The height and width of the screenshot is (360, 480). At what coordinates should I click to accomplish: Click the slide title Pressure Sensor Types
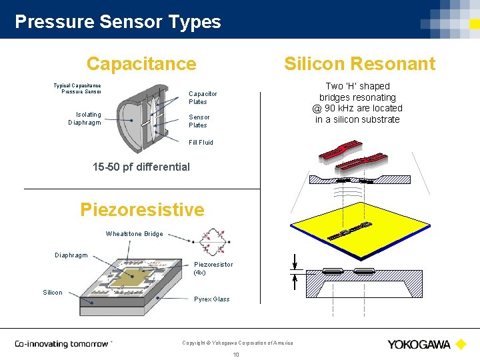117,21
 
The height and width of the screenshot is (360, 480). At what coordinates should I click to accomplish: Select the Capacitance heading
141,64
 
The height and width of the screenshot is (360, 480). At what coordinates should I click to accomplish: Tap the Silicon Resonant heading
359,64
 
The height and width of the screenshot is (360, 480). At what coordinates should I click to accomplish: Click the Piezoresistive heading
142,209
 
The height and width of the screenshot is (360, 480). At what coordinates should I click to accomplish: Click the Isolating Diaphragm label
85,118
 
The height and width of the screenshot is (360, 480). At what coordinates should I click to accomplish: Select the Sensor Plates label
199,121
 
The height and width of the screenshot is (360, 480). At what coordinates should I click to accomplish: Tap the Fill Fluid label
201,142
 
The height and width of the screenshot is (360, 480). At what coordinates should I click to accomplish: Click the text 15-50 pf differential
141,167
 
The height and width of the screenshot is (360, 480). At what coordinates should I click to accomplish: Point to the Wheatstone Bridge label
134,234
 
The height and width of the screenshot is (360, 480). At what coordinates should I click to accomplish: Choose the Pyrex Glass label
211,299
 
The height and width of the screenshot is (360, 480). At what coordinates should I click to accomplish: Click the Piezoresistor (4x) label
213,268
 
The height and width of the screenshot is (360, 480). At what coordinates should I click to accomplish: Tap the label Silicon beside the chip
53,292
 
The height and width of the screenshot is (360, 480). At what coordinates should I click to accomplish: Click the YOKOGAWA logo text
419,344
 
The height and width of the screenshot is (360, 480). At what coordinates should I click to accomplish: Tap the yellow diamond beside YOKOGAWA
460,344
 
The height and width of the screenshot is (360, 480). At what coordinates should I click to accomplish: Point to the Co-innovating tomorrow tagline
62,344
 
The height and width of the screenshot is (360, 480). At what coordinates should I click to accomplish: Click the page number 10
236,355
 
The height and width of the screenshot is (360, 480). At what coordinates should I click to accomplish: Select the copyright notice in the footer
237,343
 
